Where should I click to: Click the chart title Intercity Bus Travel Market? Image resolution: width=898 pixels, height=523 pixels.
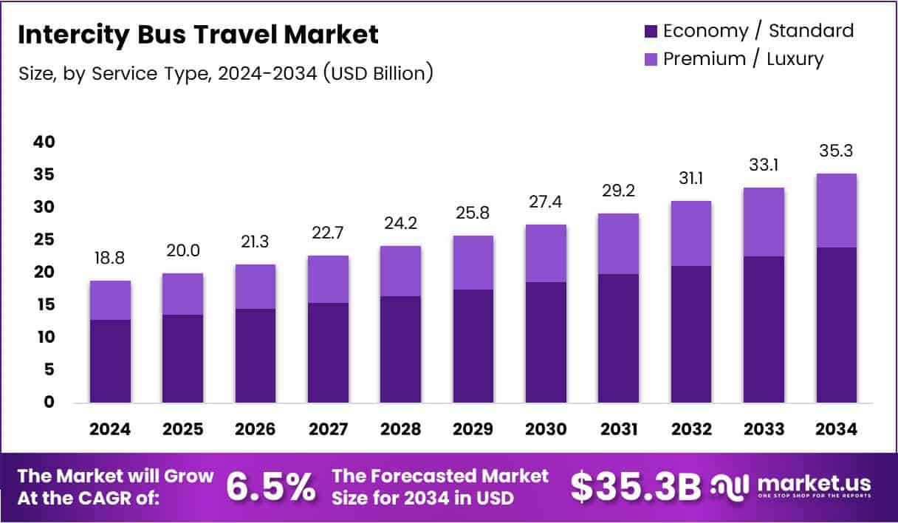[197, 35]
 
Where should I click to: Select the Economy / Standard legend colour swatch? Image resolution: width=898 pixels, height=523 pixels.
[651, 31]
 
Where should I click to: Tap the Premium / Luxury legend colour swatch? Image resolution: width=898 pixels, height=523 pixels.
[651, 59]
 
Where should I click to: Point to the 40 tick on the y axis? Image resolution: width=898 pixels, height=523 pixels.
[44, 142]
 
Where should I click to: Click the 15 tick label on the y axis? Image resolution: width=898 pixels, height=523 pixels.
[44, 304]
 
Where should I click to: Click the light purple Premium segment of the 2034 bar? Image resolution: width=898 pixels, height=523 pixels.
[837, 211]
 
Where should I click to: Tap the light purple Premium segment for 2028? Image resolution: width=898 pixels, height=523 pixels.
[400, 271]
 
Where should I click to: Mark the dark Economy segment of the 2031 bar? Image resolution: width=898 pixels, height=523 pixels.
[619, 338]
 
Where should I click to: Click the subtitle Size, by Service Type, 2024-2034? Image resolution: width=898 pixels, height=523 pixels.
[224, 73]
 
